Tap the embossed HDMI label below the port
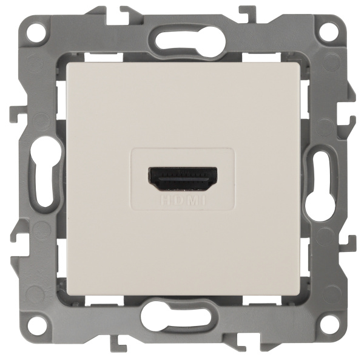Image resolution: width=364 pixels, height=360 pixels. [x=182, y=199]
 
